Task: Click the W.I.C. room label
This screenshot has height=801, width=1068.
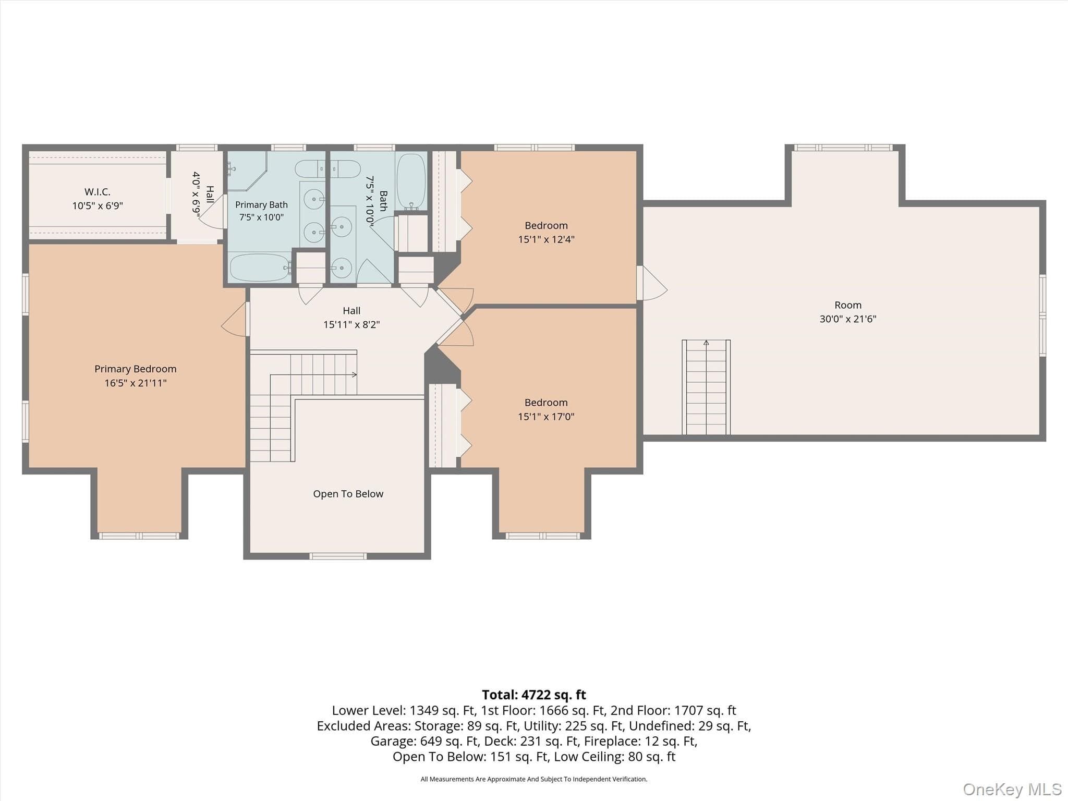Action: (98, 192)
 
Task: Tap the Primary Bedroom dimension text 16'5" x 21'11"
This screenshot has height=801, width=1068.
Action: (136, 383)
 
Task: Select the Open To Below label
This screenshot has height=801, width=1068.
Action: (348, 494)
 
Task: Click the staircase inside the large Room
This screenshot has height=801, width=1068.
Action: (706, 387)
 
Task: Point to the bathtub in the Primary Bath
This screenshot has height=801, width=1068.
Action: (260, 268)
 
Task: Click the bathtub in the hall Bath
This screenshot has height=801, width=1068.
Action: (411, 182)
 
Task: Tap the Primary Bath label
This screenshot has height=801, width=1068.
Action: (261, 205)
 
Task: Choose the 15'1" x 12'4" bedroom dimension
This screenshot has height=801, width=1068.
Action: (546, 239)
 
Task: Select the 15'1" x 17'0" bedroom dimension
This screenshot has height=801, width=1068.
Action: (546, 417)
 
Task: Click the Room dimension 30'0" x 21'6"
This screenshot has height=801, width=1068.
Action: (848, 319)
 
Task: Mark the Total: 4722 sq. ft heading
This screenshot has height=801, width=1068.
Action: (534, 695)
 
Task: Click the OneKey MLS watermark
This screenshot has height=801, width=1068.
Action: (1012, 789)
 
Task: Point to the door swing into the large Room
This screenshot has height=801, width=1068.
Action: (652, 283)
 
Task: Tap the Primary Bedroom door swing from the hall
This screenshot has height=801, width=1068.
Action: (234, 319)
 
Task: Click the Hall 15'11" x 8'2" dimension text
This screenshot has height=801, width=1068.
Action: (351, 325)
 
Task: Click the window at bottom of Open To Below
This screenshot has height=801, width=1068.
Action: (338, 556)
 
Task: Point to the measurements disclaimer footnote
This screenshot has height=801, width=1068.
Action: (534, 779)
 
